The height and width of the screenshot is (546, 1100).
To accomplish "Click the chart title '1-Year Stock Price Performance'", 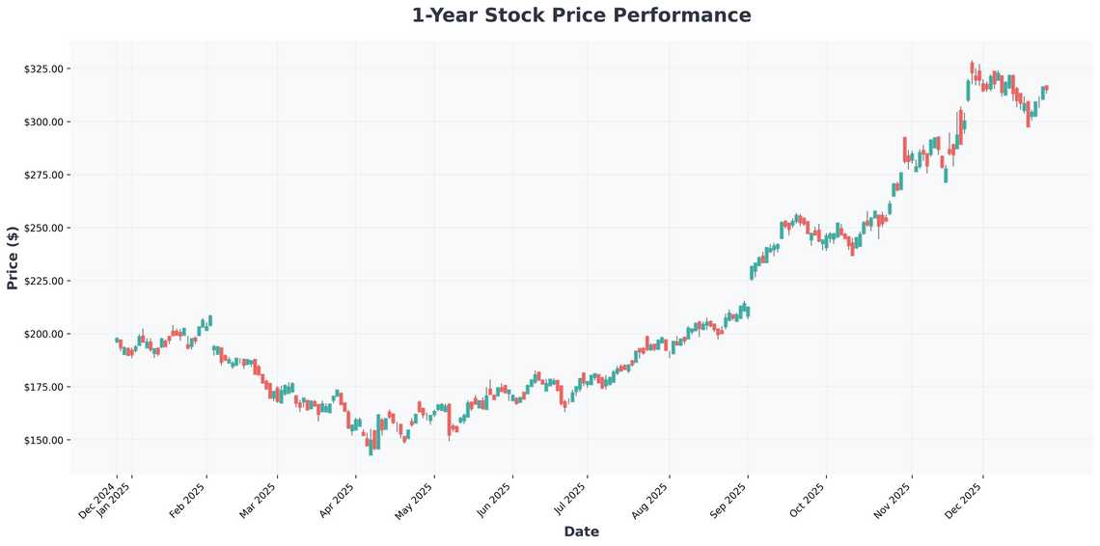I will (581, 15).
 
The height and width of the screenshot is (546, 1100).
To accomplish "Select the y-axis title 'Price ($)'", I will (13, 258).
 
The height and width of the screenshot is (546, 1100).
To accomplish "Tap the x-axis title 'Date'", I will (581, 532).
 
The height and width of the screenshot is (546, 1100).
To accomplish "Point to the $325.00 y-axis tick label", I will (43, 69).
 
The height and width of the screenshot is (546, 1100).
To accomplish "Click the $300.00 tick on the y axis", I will (43, 122).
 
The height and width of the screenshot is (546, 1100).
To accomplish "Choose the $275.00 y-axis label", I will (43, 175).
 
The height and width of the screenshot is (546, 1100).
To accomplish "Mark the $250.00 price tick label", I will (43, 228).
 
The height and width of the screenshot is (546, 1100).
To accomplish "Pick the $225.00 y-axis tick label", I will (43, 281).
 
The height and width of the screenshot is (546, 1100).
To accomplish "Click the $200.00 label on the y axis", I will (43, 334).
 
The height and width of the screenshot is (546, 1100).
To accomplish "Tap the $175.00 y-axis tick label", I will (43, 387).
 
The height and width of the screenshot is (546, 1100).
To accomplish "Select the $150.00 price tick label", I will (43, 440).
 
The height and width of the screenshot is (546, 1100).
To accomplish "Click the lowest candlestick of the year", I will (371, 447).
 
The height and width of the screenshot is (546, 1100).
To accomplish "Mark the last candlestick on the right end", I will (1047, 89).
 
